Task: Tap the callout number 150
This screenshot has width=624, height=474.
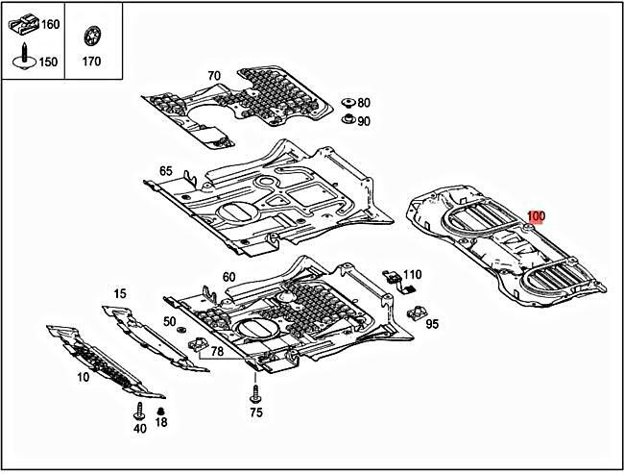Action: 47,62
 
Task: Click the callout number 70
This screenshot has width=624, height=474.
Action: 213,75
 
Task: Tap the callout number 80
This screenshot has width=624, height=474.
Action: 364,103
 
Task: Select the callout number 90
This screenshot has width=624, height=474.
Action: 364,121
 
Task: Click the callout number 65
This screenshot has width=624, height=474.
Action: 166,171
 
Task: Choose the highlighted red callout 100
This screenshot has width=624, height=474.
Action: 536,217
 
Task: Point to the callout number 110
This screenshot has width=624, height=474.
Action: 412,274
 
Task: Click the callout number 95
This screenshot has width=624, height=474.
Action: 432,324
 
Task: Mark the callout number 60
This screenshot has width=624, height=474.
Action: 228,277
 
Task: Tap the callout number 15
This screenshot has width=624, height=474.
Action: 120,293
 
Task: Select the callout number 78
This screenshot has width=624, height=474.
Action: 218,352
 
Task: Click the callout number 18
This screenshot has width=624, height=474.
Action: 161,422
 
